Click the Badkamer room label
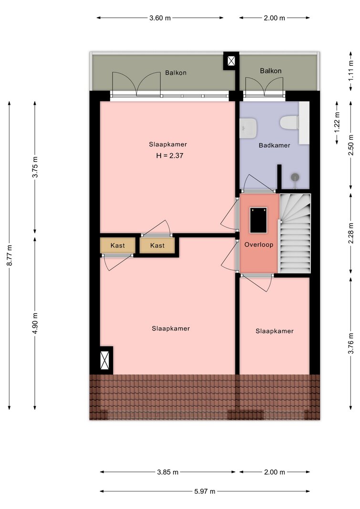tap(274, 145)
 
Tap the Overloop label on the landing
tap(259, 244)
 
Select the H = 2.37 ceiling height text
tap(170, 156)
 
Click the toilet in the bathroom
tap(289, 123)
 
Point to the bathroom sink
tap(248, 127)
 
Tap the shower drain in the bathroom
tap(295, 177)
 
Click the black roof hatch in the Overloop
tap(258, 220)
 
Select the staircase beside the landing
tap(295, 233)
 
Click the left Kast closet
tap(117, 245)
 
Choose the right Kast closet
tap(157, 245)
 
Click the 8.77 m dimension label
tap(10, 255)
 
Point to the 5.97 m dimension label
tap(205, 491)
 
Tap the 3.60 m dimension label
tap(160, 18)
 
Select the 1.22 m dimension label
tap(337, 122)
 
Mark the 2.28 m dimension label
tap(350, 233)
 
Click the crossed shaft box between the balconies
tap(231, 61)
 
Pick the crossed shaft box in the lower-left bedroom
tap(104, 360)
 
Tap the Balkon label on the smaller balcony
tap(270, 71)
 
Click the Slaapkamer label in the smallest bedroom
tap(274, 331)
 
